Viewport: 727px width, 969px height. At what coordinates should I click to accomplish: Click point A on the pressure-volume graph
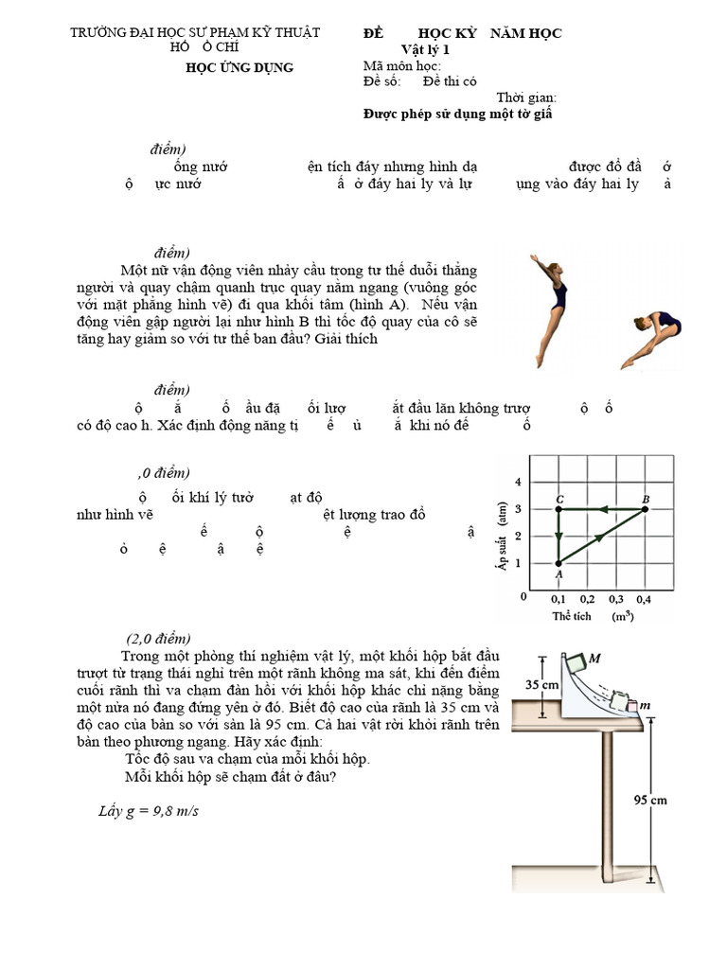(559, 563)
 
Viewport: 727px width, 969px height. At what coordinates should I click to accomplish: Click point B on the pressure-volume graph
(645, 509)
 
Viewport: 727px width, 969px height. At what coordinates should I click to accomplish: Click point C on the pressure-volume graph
(559, 509)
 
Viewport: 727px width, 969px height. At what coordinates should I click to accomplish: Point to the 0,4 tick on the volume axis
(645, 599)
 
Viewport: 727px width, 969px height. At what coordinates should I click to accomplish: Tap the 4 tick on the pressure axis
(518, 483)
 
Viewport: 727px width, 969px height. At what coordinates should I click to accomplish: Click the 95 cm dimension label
(650, 800)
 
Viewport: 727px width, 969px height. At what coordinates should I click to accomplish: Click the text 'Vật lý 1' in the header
(426, 49)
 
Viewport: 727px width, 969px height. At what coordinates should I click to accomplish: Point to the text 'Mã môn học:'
(402, 65)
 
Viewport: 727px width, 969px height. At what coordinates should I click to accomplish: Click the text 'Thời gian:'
(526, 97)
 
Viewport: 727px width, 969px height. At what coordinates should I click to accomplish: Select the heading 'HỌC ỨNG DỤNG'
(239, 67)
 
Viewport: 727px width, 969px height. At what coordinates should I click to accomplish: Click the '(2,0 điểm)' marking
(159, 637)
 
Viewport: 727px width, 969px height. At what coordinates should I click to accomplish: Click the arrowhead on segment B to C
(595, 509)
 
